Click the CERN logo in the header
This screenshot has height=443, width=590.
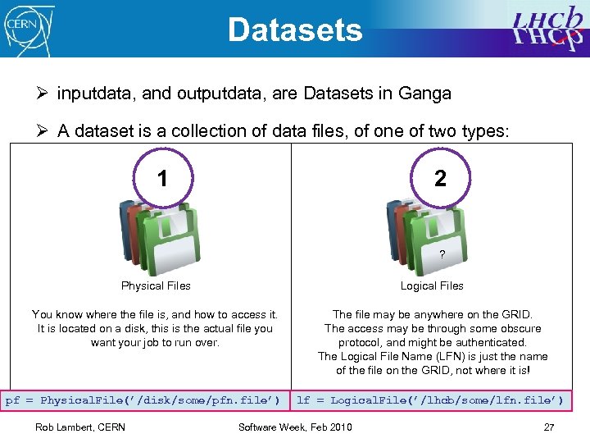[x=29, y=28]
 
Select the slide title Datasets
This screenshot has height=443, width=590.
[x=295, y=30]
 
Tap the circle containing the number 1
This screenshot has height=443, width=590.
[x=162, y=178]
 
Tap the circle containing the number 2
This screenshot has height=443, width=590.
[x=440, y=178]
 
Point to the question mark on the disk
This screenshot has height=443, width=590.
[x=442, y=255]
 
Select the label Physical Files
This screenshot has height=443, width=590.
[x=156, y=286]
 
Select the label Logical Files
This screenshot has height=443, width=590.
[x=432, y=286]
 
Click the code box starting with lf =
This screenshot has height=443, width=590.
[x=430, y=400]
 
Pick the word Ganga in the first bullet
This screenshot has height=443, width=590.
[x=424, y=94]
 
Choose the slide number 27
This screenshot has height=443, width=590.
[x=549, y=427]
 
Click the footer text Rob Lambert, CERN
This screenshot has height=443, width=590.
[x=80, y=427]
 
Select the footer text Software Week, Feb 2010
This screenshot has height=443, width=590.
[x=295, y=427]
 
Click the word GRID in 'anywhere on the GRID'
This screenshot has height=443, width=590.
[x=517, y=314]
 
